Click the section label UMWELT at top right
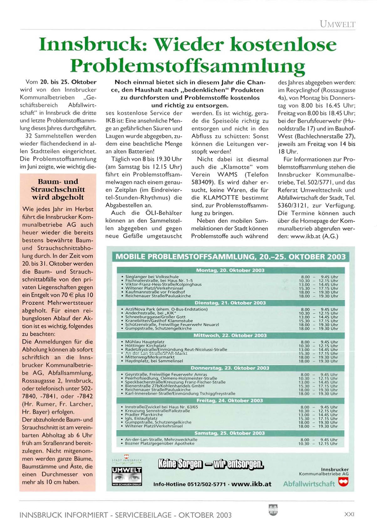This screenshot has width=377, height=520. point(338,24)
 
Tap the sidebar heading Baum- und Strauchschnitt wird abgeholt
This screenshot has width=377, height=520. point(58,189)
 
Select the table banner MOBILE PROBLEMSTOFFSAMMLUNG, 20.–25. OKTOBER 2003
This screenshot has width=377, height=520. point(230,257)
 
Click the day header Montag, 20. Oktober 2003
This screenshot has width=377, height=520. point(230,270)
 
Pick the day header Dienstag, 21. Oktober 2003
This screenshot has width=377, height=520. point(230,303)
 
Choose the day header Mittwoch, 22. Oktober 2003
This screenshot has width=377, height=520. point(230,335)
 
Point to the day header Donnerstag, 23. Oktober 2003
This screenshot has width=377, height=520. point(230,368)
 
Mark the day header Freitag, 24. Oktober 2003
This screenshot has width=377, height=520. point(230,400)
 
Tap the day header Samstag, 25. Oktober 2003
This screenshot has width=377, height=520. point(230,433)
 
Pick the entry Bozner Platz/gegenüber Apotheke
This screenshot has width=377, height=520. point(160,443)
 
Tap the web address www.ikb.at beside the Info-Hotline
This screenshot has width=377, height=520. point(251,484)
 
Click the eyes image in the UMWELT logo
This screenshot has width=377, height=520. point(127,478)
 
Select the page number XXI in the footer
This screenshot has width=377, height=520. point(349,514)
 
